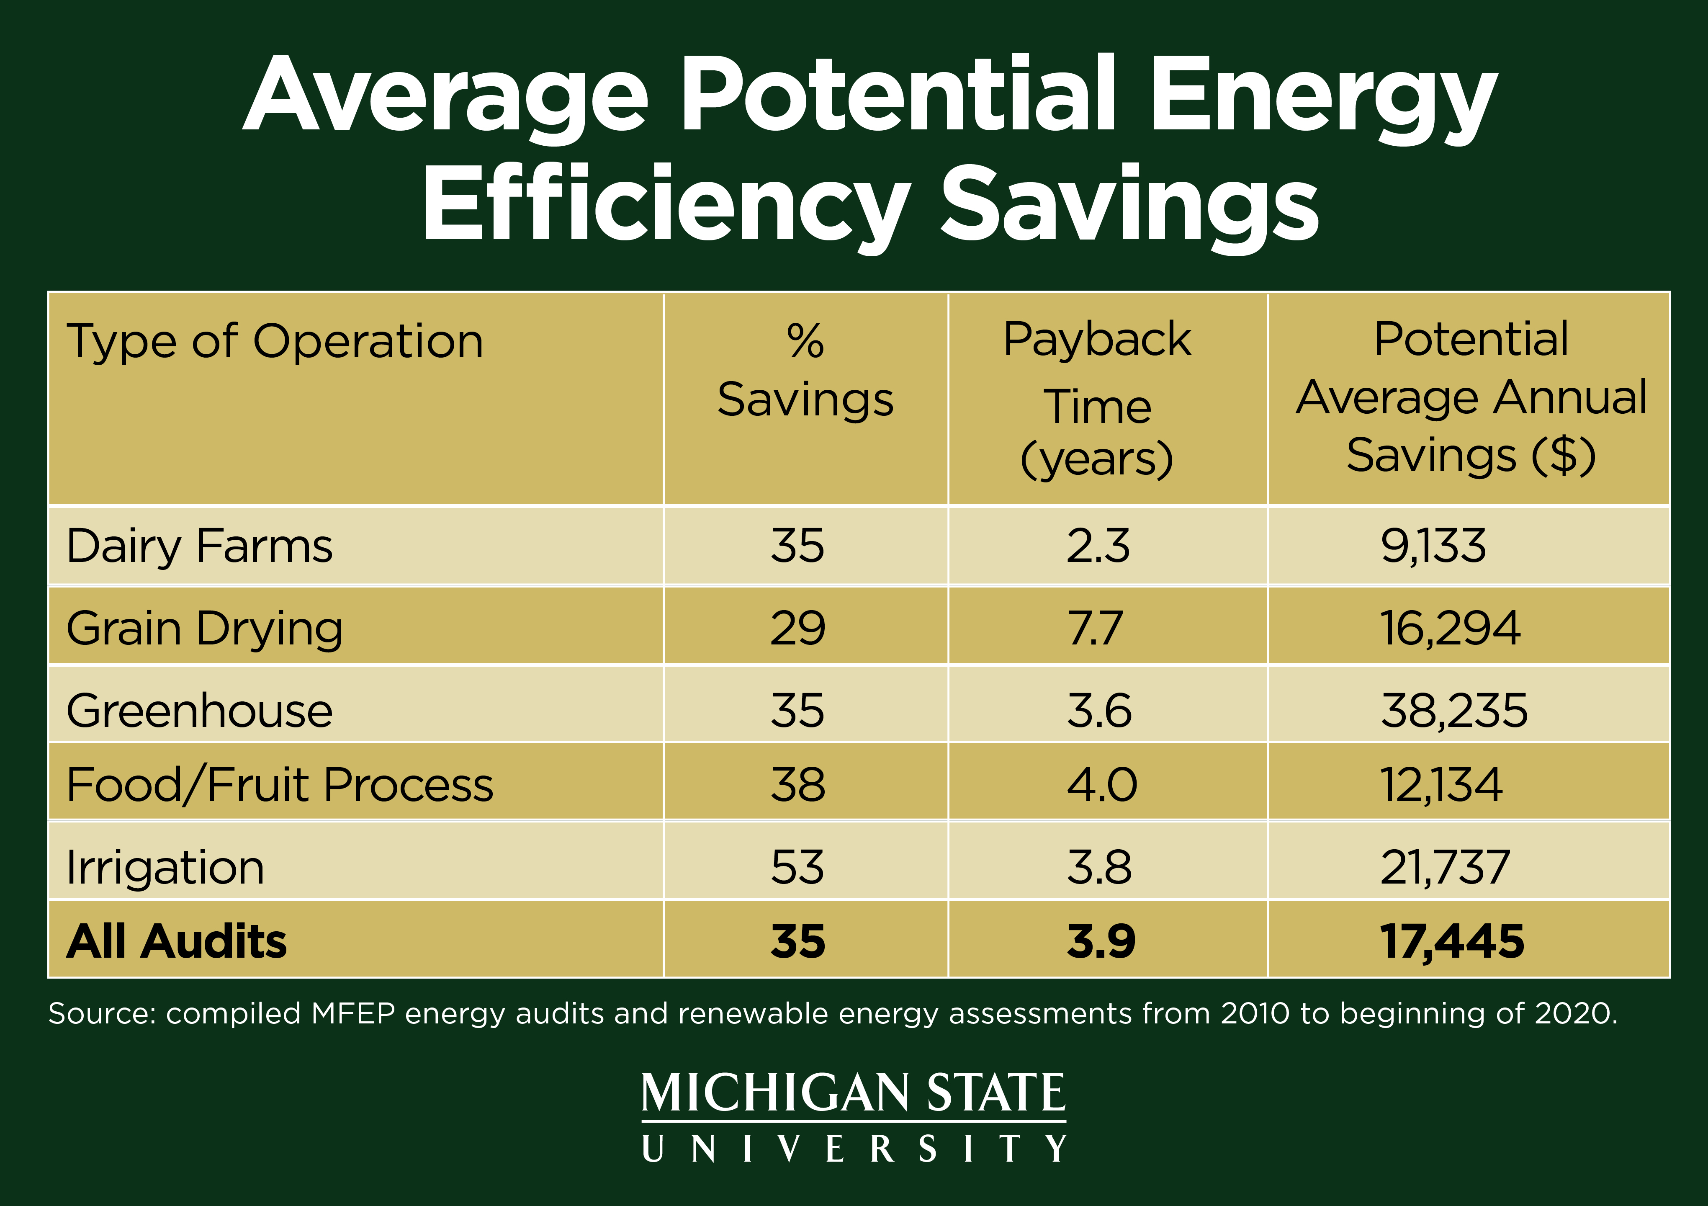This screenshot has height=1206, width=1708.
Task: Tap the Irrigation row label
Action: coord(165,868)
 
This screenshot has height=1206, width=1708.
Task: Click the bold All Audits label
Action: coord(176,941)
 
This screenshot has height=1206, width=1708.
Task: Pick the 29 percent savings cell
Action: coord(797,629)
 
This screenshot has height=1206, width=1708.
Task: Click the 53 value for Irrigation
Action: coord(797,868)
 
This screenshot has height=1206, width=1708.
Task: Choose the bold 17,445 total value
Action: coord(1451,941)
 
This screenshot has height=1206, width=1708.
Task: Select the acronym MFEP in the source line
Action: coord(352,1014)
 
